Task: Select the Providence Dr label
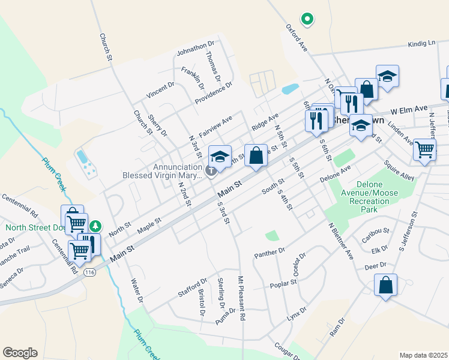coord(213,93)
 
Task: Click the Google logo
coord(20,353)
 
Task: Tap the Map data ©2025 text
coord(423,355)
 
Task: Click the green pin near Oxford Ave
coord(307,19)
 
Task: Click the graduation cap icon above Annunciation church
coord(220,156)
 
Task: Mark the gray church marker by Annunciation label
coord(211,171)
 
